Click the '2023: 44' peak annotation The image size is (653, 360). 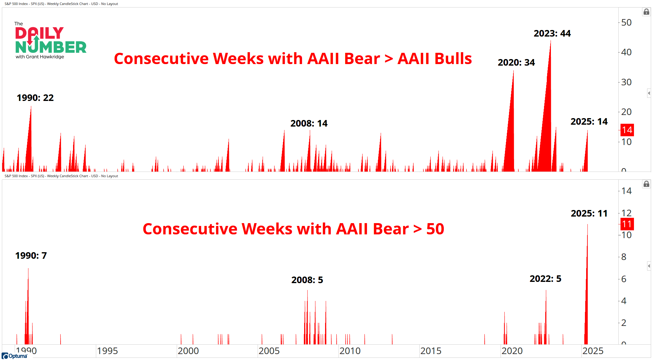[x=552, y=33]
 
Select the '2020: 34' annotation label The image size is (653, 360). [x=516, y=62]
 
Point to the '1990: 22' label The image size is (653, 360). [x=35, y=98]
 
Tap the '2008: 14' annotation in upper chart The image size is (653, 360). [x=309, y=123]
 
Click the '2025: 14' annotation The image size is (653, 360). [x=589, y=122]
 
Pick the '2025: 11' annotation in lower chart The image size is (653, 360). [x=589, y=213]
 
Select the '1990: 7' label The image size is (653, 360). [x=31, y=256]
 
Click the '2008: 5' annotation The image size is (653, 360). [x=307, y=280]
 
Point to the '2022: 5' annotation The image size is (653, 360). [x=546, y=279]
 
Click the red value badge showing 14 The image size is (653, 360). [x=627, y=130]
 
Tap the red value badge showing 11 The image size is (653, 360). [x=627, y=224]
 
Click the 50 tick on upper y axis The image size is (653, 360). [x=626, y=22]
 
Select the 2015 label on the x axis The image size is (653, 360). [x=431, y=351]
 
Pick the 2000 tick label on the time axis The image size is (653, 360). [x=188, y=351]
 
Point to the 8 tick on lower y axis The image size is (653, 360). [x=624, y=257]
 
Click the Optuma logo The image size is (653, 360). [x=14, y=356]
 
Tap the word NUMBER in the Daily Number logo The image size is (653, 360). [x=51, y=47]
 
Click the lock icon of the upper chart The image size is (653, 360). [x=646, y=12]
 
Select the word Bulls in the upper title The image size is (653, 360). [x=435, y=59]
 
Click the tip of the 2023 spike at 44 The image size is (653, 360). [x=551, y=41]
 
